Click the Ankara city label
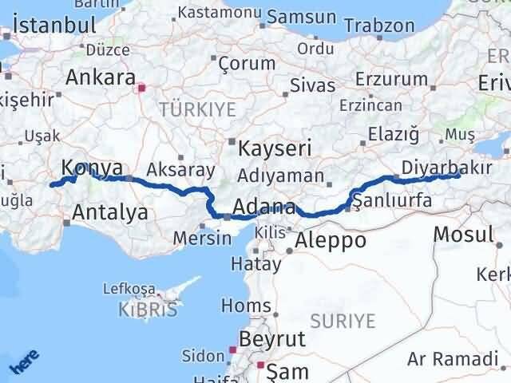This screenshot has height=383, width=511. pyautogui.click(x=101, y=78)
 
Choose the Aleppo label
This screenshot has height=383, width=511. pyautogui.click(x=331, y=240)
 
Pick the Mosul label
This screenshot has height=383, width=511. pyautogui.click(x=462, y=235)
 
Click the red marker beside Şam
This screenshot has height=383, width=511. pyautogui.click(x=260, y=365)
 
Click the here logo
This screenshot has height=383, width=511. pyautogui.click(x=23, y=363)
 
